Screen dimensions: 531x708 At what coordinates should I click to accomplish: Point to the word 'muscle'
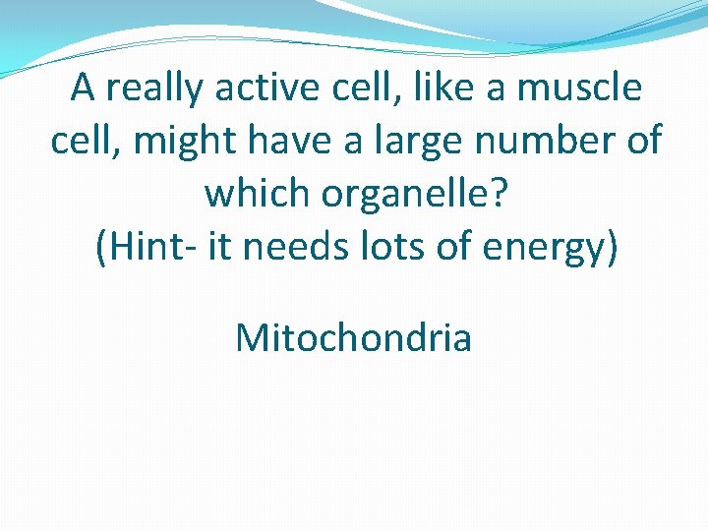[x=580, y=88]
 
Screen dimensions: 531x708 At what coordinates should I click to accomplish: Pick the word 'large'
[x=418, y=143]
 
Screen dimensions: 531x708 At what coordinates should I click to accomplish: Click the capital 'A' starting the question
[x=83, y=88]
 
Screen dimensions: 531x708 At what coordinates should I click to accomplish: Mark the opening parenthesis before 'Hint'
[x=100, y=247]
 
